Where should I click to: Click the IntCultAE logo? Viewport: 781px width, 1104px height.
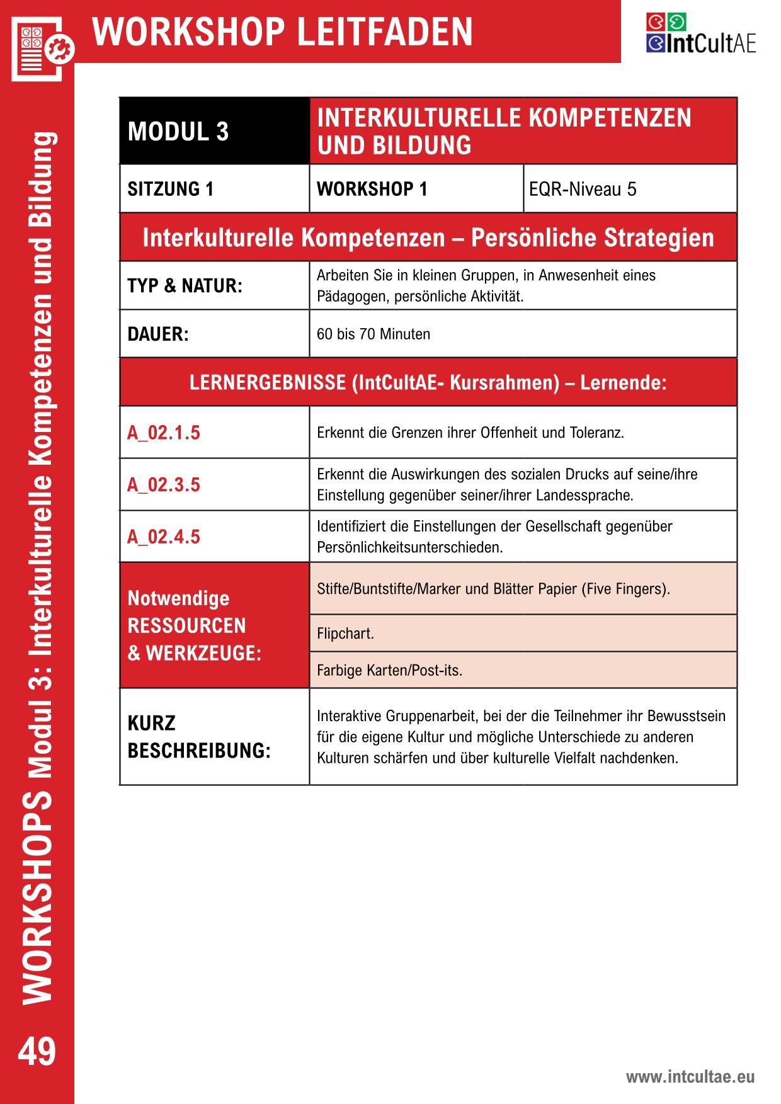pos(700,34)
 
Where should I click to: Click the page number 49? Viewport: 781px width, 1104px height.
pos(37,1052)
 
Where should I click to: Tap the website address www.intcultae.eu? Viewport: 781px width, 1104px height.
pos(690,1077)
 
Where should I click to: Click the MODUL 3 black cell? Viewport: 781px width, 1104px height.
pos(214,131)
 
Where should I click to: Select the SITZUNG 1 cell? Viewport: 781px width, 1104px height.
pos(214,189)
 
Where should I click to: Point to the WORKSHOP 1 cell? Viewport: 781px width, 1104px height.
pos(416,189)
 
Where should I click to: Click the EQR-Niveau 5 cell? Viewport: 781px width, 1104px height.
pos(630,189)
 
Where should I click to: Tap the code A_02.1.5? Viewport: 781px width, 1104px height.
pos(164,433)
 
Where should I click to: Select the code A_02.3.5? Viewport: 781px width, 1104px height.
pos(164,485)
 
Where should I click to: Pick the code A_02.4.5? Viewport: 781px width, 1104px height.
pos(164,537)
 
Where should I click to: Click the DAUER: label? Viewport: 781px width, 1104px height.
pos(158,334)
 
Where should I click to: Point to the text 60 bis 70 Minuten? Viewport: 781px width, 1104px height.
pos(373,334)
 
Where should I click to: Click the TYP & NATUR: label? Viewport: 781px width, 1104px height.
pos(185,286)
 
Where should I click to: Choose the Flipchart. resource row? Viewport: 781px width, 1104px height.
pos(523,634)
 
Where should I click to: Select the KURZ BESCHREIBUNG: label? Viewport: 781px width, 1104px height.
pos(199,737)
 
